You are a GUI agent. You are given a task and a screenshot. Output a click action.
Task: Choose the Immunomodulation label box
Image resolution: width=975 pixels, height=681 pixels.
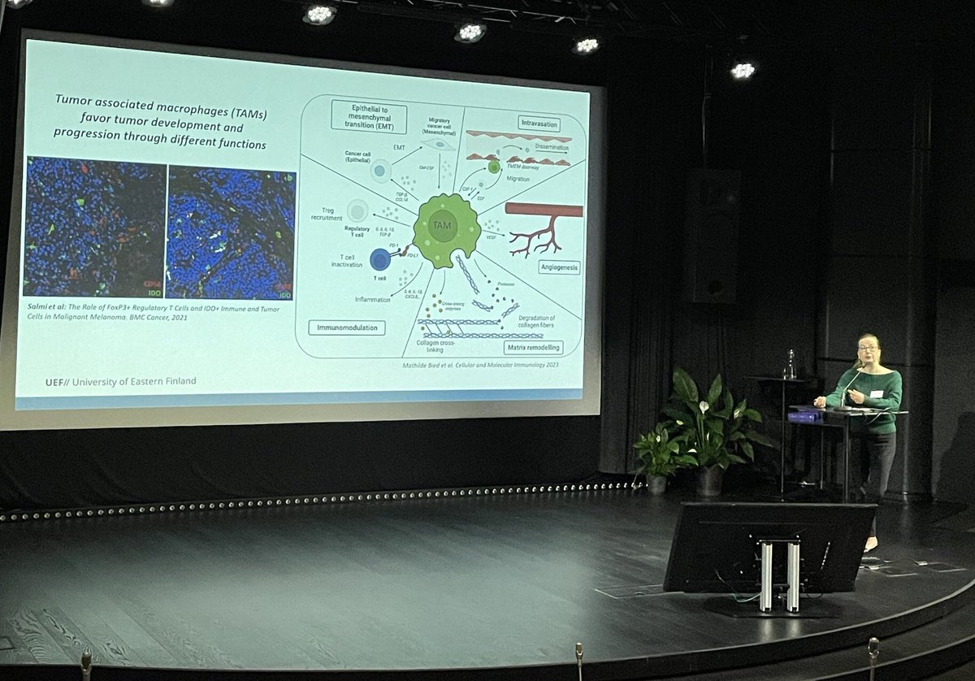(x=347, y=327)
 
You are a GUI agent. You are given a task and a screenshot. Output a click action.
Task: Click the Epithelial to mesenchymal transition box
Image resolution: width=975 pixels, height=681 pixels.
(x=368, y=116)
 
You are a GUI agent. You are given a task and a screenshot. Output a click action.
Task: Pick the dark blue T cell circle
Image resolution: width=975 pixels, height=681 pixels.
(x=380, y=259)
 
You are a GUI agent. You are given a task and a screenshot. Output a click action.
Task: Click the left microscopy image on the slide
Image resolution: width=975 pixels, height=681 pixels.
(x=94, y=227)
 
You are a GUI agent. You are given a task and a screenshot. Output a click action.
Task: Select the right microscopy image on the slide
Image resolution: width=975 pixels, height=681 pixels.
(x=231, y=232)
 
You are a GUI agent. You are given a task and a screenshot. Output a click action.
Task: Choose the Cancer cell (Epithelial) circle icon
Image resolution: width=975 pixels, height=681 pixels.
(x=380, y=171)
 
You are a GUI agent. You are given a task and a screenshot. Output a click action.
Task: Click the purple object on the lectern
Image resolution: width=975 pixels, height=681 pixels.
(x=804, y=415)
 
